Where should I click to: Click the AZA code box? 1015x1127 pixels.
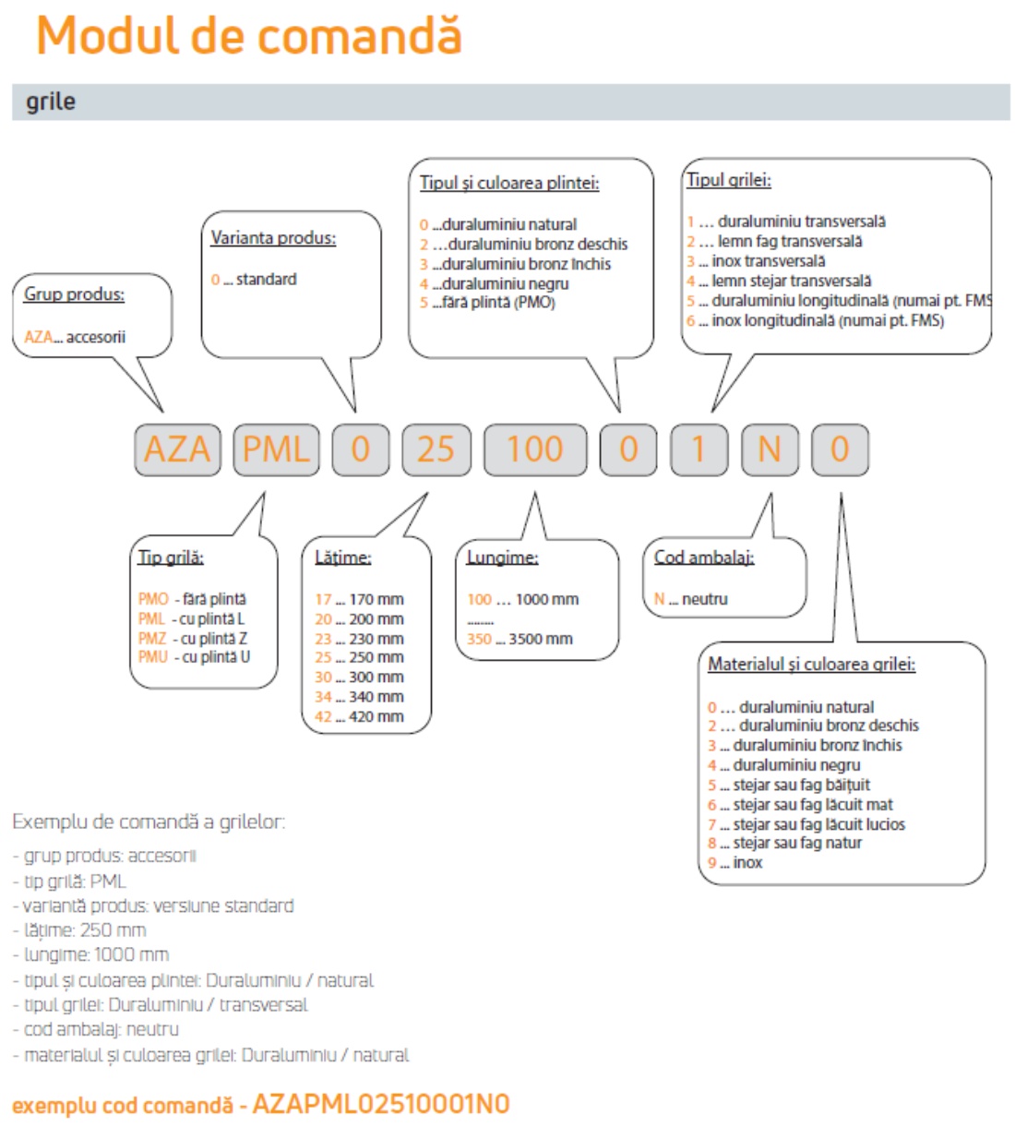(x=178, y=450)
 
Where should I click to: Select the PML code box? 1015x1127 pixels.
(x=276, y=450)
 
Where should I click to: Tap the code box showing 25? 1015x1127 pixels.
(x=436, y=450)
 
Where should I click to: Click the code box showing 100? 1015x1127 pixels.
(x=535, y=450)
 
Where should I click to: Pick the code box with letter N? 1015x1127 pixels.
(x=770, y=450)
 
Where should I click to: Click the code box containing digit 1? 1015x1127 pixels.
(x=699, y=450)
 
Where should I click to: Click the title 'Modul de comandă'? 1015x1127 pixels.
(x=248, y=37)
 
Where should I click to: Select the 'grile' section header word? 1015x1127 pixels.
(x=51, y=102)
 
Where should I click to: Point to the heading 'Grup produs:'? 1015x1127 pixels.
(x=74, y=294)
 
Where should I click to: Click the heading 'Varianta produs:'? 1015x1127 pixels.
(x=273, y=238)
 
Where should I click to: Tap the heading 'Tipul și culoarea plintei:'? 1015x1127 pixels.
(x=509, y=183)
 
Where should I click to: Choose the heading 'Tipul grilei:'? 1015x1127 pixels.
(x=729, y=180)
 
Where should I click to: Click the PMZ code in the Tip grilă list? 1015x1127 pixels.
(x=153, y=639)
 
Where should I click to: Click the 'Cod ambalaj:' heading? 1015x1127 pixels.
(x=704, y=558)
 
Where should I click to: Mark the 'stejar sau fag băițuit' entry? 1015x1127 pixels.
(x=794, y=785)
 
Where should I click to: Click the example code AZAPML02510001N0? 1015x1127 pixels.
(x=381, y=1105)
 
